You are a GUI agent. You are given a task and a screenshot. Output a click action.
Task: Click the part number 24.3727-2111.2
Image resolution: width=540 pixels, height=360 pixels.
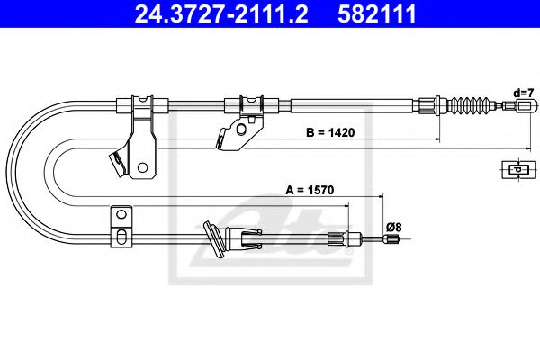pyautogui.click(x=221, y=14)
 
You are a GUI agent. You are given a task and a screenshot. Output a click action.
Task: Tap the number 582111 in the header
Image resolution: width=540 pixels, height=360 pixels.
pyautogui.click(x=377, y=14)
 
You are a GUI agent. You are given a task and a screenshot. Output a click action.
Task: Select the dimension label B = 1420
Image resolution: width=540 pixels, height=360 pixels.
pyautogui.click(x=330, y=132)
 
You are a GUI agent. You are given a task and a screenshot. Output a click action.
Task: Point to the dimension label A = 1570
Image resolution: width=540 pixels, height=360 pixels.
pyautogui.click(x=310, y=190)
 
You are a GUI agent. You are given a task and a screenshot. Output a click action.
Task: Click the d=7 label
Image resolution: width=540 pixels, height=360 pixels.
pyautogui.click(x=524, y=93)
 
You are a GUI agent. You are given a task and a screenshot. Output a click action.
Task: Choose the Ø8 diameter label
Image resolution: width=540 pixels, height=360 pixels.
pyautogui.click(x=394, y=228)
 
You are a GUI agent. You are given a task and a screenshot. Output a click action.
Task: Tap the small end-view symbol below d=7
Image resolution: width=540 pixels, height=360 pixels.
pyautogui.click(x=519, y=169)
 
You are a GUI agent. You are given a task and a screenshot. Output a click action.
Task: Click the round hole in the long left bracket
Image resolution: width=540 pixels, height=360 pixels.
pyautogui.click(x=142, y=167)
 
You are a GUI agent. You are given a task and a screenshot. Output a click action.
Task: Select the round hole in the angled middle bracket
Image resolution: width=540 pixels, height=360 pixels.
pyautogui.click(x=241, y=130)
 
